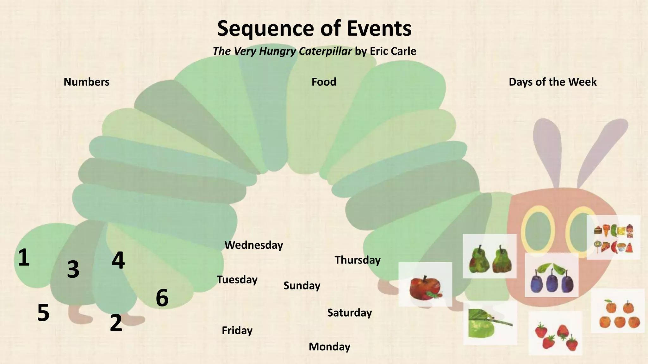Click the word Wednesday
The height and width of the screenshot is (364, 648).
(253, 245)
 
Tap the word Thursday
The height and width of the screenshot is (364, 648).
(358, 260)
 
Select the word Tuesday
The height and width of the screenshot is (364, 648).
(237, 280)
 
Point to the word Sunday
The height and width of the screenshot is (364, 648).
(302, 286)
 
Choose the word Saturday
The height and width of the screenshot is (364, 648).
(349, 313)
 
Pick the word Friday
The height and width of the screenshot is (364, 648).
(237, 331)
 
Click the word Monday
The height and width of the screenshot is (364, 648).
(329, 347)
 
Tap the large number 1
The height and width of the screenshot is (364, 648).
(24, 258)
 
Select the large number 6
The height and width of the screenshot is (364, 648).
(162, 298)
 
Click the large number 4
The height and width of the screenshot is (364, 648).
(118, 261)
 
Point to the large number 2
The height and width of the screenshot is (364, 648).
(116, 323)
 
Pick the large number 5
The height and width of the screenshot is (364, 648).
(43, 313)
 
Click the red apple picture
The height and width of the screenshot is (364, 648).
(425, 284)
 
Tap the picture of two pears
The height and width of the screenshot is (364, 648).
(489, 256)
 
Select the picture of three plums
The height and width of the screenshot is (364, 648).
(551, 275)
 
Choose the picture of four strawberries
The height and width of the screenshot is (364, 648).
(555, 333)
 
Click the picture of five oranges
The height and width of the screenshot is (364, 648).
(618, 311)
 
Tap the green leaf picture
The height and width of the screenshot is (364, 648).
(490, 323)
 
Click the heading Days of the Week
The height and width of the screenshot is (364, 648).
(552, 82)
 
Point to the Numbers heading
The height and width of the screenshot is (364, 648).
(86, 82)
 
